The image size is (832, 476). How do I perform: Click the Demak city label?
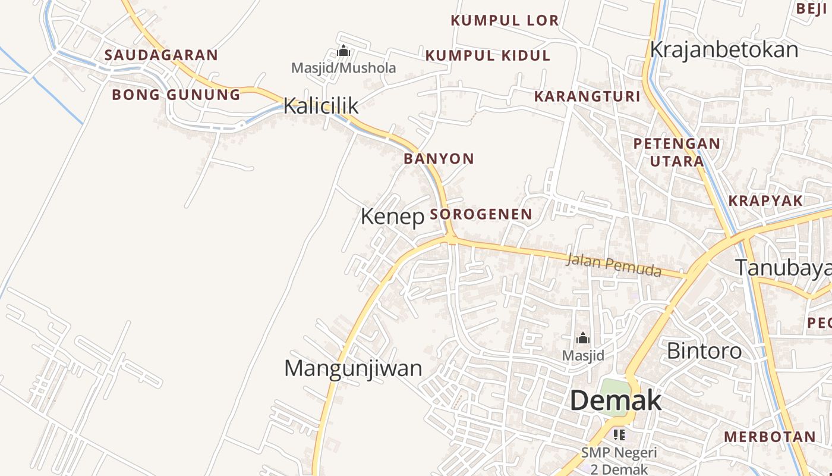tap(615, 401)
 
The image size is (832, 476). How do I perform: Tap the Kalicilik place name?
tap(321, 106)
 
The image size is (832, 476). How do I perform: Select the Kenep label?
tap(392, 217)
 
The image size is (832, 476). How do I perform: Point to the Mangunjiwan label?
tap(353, 368)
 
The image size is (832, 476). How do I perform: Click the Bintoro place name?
tap(704, 350)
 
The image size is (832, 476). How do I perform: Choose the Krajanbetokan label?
tap(724, 50)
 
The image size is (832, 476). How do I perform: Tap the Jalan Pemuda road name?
tap(614, 265)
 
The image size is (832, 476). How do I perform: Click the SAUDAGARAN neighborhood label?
tap(162, 55)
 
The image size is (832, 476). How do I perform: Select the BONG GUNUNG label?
tap(177, 95)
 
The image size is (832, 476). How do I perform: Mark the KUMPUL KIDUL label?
tap(488, 56)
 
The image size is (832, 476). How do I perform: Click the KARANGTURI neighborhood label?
tap(587, 96)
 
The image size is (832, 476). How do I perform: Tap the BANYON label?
tap(439, 159)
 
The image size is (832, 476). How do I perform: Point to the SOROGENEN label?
tap(481, 214)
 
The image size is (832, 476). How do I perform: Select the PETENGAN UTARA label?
tap(676, 152)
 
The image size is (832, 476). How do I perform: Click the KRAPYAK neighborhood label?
tap(765, 201)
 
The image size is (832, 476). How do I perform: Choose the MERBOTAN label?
tap(770, 437)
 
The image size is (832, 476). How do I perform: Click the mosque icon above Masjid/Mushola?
tap(343, 51)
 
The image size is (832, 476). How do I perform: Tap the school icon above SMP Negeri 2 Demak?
tap(619, 435)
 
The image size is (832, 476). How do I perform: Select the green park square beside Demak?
tap(613, 393)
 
